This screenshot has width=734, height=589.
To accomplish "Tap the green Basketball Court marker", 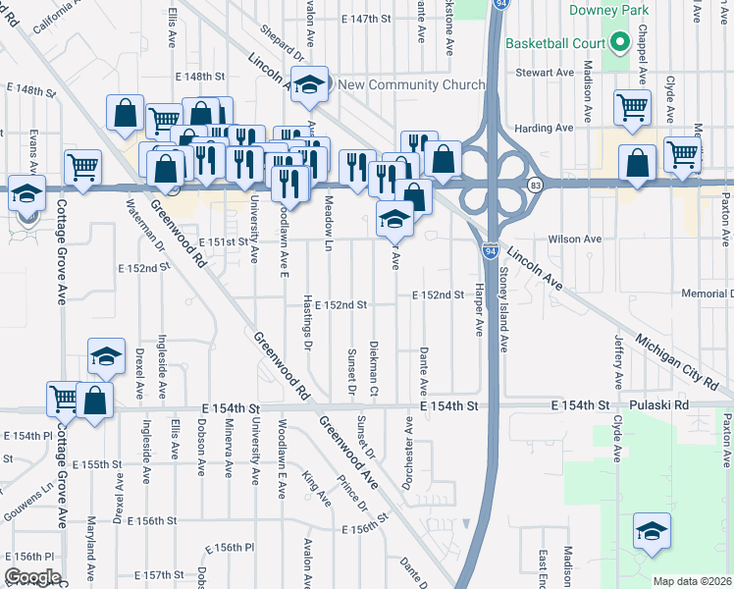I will click(618, 43).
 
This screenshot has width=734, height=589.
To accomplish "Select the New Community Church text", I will click(411, 84).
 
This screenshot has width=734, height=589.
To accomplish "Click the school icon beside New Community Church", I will click(309, 85).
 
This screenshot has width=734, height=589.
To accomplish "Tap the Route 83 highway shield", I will click(535, 184).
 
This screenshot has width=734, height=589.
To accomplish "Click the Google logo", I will click(33, 577).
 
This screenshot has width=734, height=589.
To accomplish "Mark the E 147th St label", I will click(366, 19).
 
